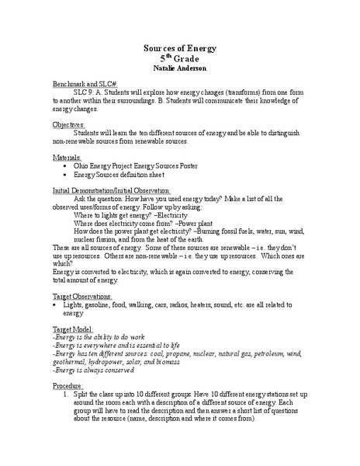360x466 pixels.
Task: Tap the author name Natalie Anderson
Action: point(179,68)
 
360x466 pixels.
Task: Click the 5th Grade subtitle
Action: point(179,58)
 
